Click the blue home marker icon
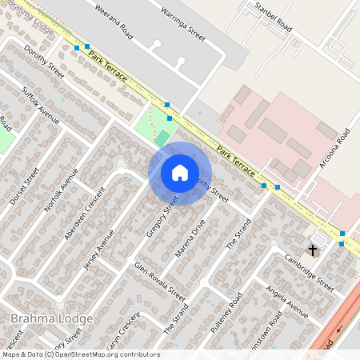(x=179, y=174)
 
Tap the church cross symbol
(x=313, y=250)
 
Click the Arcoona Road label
(x=334, y=148)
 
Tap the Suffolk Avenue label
(x=41, y=105)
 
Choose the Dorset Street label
(x=25, y=186)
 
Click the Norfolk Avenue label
(x=62, y=192)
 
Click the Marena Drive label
(x=192, y=237)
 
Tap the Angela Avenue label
(x=287, y=300)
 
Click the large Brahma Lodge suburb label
(x=52, y=318)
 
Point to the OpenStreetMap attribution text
(x=80, y=354)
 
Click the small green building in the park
(x=162, y=138)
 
